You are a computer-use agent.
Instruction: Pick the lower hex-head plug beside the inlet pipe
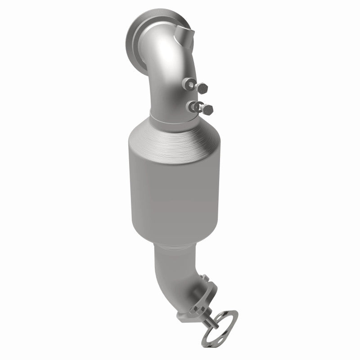(208, 108)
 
